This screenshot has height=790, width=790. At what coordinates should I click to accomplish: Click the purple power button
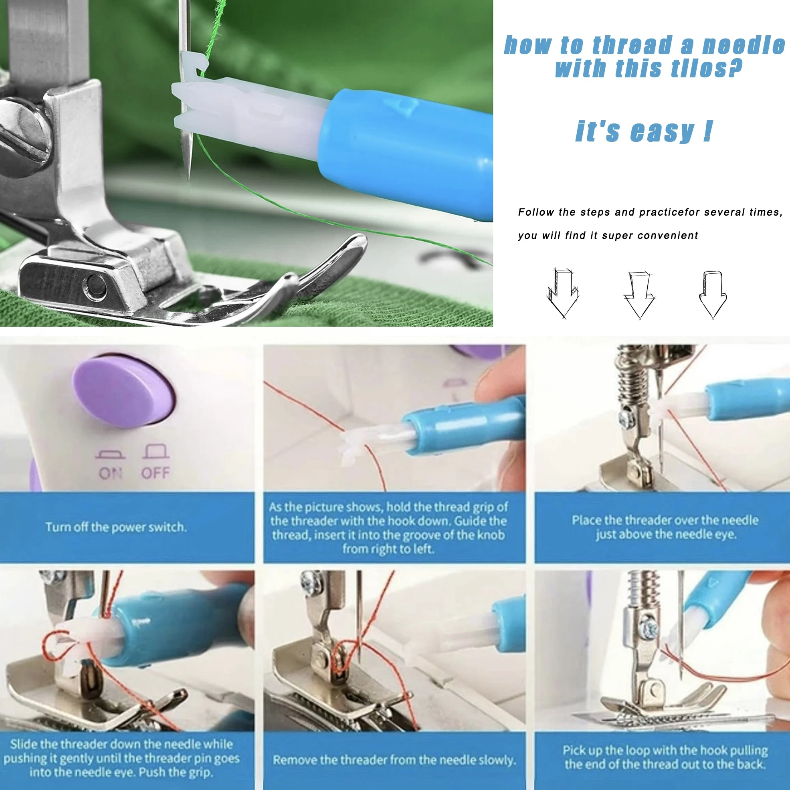point(123,392)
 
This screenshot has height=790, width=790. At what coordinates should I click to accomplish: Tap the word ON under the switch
point(110,473)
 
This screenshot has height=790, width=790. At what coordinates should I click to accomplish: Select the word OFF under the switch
point(156,473)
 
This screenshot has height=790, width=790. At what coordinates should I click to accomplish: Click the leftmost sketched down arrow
point(563,293)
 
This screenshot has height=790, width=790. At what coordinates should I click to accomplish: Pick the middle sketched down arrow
point(639,295)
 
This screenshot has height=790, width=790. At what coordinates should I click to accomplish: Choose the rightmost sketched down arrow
point(713,295)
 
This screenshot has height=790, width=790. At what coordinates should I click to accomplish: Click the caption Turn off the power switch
point(116,527)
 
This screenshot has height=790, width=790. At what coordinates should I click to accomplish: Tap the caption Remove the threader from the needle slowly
point(394,760)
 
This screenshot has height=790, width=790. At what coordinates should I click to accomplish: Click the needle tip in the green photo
point(188,178)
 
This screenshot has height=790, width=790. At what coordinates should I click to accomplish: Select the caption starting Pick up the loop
point(665,757)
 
